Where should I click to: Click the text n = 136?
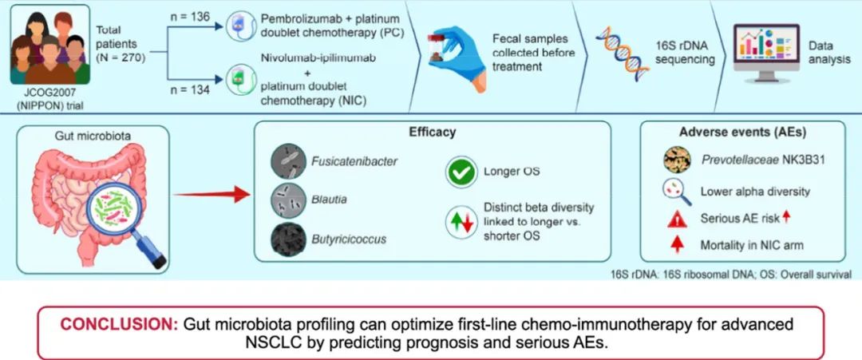point(190,18)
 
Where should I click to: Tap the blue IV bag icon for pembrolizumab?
point(241,26)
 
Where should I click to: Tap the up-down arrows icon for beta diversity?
point(461,224)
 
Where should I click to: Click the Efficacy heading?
point(432,133)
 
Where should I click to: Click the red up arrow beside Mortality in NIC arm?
point(678,244)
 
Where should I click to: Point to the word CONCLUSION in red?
point(119,324)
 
